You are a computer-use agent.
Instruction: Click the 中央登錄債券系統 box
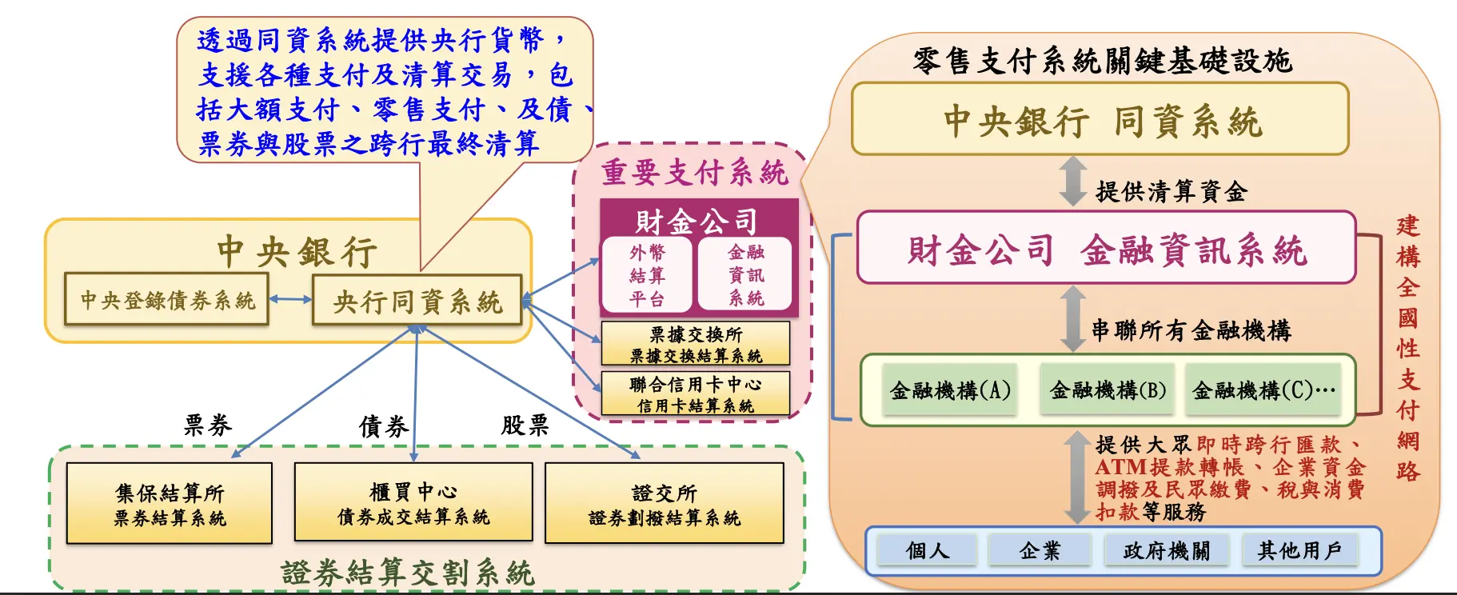pos(166,300)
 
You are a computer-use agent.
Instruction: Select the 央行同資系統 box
pos(417,301)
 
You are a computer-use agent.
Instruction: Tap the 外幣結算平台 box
pos(647,275)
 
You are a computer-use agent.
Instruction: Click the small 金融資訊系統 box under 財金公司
pos(745,275)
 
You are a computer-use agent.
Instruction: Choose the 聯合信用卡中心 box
pos(695,393)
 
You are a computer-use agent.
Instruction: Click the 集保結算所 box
pos(170,504)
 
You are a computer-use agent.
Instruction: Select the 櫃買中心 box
pos(413,504)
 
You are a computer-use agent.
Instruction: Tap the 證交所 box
pos(664,504)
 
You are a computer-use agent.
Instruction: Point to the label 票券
pos(208,425)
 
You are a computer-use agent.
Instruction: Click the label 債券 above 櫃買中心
pos(383,426)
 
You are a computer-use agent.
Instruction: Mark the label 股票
pos(525,425)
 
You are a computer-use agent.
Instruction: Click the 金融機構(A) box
pos(950,390)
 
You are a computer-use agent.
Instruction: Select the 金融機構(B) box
pos(1108,390)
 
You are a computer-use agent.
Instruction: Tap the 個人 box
pos(928,550)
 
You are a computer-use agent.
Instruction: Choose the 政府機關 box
pos(1166,550)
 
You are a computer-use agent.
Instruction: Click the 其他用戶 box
pos(1299,550)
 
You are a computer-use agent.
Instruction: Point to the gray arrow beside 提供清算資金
pos(1072,181)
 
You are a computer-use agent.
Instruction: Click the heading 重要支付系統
pos(694,172)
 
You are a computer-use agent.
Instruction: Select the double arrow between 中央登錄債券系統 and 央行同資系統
pos(290,300)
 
